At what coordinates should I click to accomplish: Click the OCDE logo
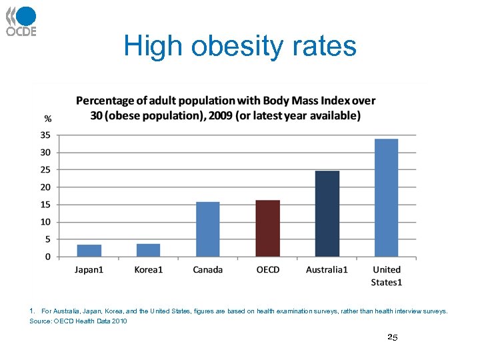pyautogui.click(x=21, y=21)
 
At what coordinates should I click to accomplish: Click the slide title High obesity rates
pyautogui.click(x=240, y=47)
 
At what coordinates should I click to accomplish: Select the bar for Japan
pyautogui.click(x=89, y=251)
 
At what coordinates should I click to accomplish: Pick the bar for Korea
pyautogui.click(x=148, y=250)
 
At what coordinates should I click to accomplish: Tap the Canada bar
pyautogui.click(x=207, y=229)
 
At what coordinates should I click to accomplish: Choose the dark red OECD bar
pyautogui.click(x=267, y=228)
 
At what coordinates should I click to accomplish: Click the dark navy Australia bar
pyautogui.click(x=327, y=213)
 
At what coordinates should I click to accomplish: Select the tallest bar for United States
pyautogui.click(x=386, y=197)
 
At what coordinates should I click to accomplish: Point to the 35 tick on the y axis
pyautogui.click(x=45, y=135)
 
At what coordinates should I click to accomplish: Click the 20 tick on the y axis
pyautogui.click(x=45, y=187)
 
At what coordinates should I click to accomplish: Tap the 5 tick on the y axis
pyautogui.click(x=47, y=239)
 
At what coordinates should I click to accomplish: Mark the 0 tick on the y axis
pyautogui.click(x=47, y=257)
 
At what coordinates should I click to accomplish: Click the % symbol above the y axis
pyautogui.click(x=48, y=119)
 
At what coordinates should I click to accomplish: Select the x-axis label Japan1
pyautogui.click(x=89, y=270)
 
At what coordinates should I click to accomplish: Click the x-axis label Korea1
pyautogui.click(x=148, y=270)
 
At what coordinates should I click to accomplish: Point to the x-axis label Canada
pyautogui.click(x=207, y=270)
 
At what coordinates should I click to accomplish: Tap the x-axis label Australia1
pyautogui.click(x=327, y=270)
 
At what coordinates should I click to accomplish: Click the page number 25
pyautogui.click(x=393, y=338)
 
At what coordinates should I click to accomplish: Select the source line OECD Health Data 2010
pyautogui.click(x=78, y=321)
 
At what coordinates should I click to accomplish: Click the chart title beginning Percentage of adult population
pyautogui.click(x=225, y=108)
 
